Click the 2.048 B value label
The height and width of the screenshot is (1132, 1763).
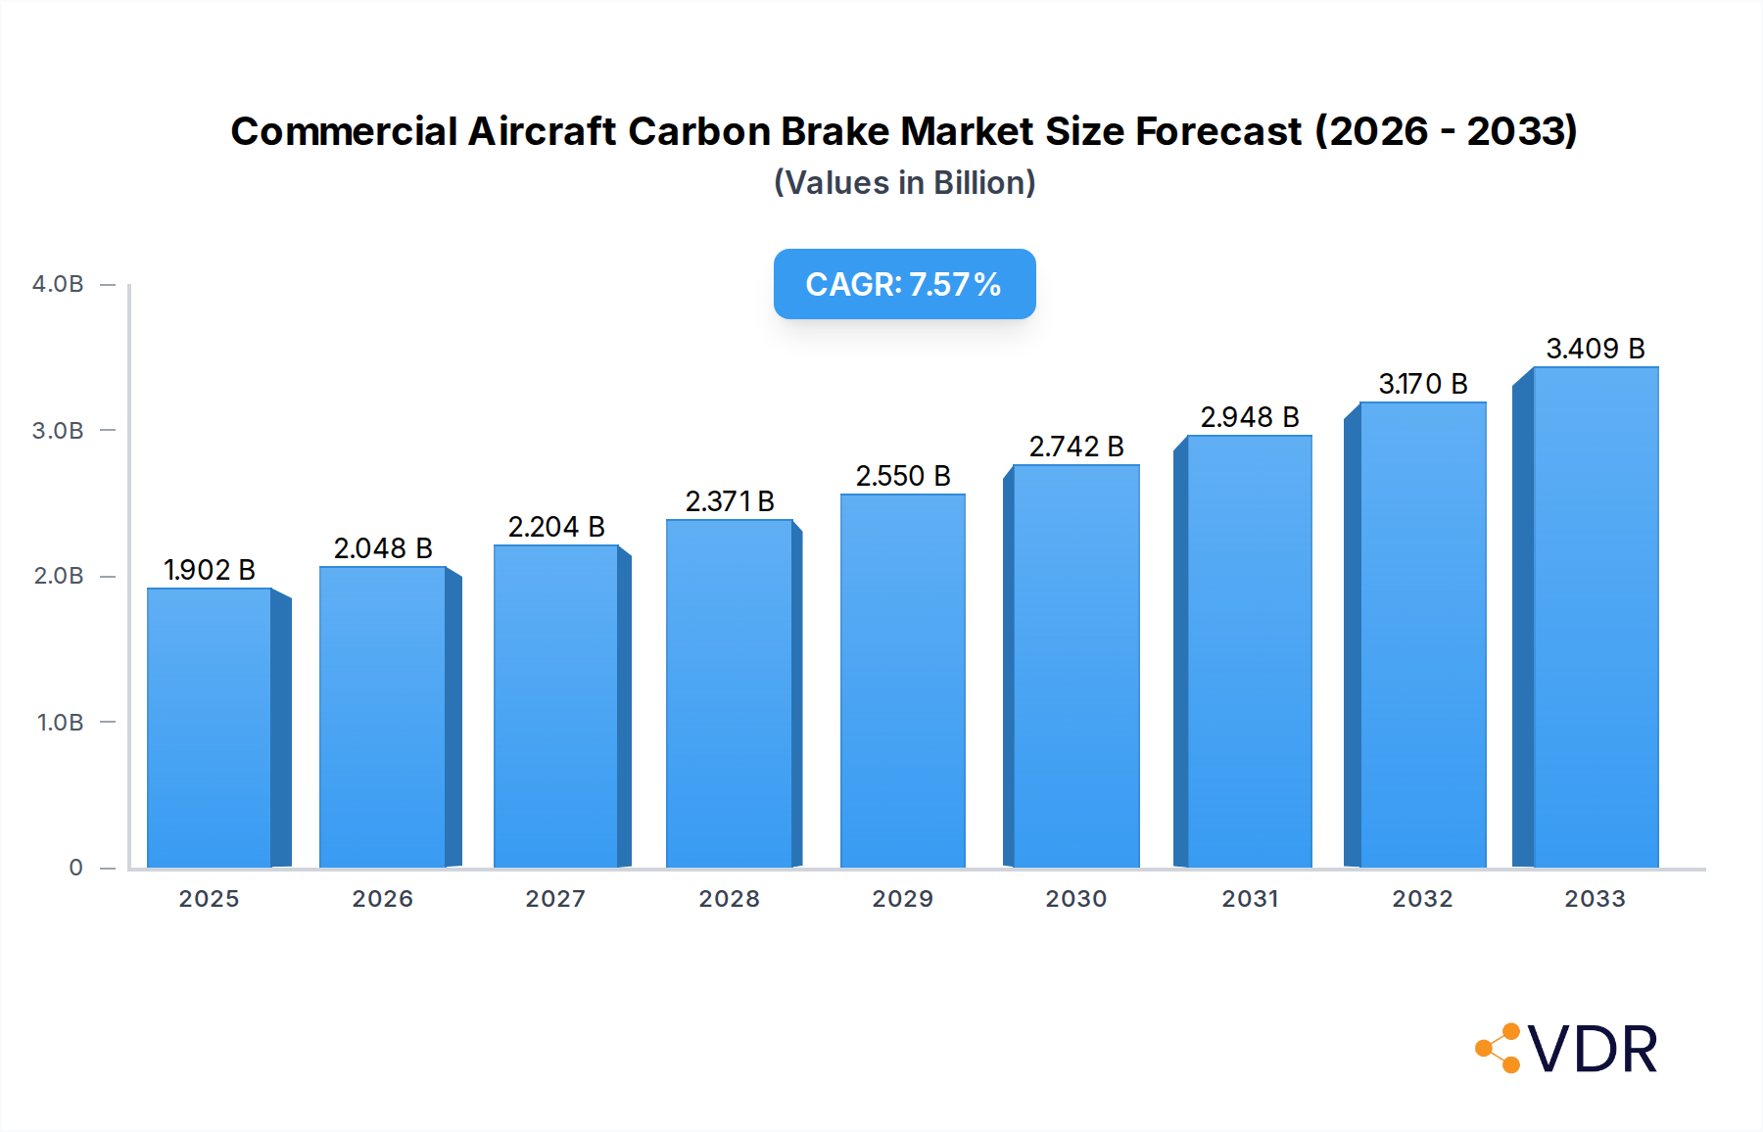tap(383, 548)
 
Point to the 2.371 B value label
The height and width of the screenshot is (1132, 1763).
tap(730, 501)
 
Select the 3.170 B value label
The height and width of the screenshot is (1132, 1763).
tap(1423, 384)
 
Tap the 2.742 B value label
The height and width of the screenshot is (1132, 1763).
tap(1075, 447)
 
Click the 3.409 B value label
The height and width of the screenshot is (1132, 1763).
tap(1595, 349)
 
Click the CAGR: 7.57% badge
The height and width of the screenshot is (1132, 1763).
tap(904, 284)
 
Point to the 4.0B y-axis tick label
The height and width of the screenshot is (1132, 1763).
tap(58, 284)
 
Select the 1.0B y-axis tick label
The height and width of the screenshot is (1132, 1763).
tap(60, 723)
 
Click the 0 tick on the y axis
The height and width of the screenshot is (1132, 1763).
tap(75, 868)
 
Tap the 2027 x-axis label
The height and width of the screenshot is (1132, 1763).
tap(555, 899)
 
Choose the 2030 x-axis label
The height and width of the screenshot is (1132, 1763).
tap(1075, 899)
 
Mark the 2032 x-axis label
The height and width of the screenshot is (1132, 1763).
tap(1422, 899)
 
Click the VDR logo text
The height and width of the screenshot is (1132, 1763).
tap(1593, 1050)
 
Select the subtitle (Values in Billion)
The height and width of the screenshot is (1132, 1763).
tap(904, 183)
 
